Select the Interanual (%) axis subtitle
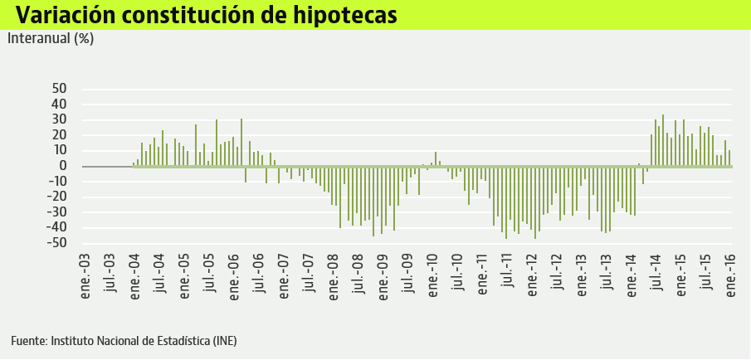pyautogui.click(x=51, y=38)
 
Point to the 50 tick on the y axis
pyautogui.click(x=59, y=89)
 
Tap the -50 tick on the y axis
pyautogui.click(x=56, y=243)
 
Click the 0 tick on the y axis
pyautogui.click(x=63, y=166)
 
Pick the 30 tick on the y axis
pyautogui.click(x=59, y=119)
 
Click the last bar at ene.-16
pyautogui.click(x=729, y=158)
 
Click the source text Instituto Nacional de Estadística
pyautogui.click(x=130, y=341)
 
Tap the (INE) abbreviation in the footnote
pyautogui.click(x=225, y=341)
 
